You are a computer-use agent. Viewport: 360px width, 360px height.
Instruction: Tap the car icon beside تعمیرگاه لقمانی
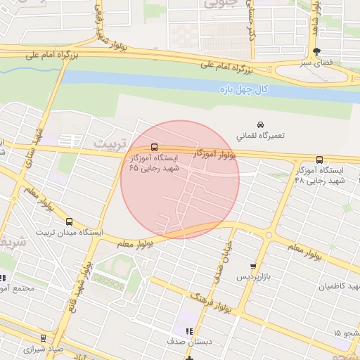[260, 124]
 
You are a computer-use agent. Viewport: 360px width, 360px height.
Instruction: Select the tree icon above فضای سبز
[316, 51]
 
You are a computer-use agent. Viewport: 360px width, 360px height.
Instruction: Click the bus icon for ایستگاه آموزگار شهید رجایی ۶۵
[155, 147]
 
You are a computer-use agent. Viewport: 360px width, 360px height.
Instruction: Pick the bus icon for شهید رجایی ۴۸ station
[320, 160]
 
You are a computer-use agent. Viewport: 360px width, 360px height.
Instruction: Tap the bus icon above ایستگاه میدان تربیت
[68, 221]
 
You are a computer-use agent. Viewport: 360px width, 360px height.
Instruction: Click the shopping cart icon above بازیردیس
[253, 266]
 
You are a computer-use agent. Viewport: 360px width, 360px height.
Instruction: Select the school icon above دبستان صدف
[188, 331]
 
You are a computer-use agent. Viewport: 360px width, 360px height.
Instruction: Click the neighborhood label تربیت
[108, 143]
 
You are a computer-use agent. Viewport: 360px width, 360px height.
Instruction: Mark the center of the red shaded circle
[180, 179]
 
